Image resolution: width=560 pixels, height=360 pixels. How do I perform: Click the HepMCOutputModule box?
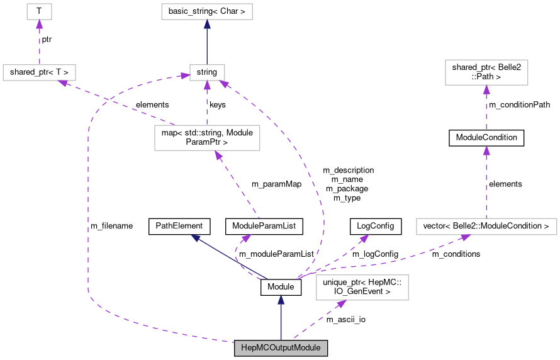[x=281, y=348]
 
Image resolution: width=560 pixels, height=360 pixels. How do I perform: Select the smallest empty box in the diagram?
[x=39, y=11]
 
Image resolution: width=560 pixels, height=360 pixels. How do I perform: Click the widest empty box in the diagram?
[x=486, y=227]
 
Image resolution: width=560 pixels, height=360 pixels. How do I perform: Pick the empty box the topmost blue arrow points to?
[x=206, y=11]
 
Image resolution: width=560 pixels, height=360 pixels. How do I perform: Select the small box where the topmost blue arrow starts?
[x=207, y=73]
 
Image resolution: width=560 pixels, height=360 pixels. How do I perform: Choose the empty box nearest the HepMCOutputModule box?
[x=362, y=288]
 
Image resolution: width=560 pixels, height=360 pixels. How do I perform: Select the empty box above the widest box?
[x=486, y=72]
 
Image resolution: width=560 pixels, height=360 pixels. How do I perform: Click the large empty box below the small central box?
[x=207, y=138]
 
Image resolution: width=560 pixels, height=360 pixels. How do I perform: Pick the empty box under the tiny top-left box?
[x=39, y=73]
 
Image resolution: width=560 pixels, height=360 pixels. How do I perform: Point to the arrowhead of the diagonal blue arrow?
[x=196, y=237]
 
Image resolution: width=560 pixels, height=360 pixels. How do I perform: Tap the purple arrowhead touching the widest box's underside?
[x=466, y=237]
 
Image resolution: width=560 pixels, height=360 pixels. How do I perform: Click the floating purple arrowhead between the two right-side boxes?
[x=486, y=150]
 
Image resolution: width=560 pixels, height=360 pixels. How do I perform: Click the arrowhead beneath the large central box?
[x=217, y=155]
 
